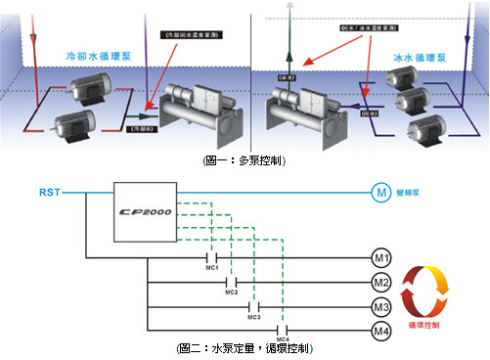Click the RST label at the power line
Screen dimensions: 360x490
click(49, 192)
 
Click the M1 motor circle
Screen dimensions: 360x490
click(381, 259)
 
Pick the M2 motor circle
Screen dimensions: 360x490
click(381, 284)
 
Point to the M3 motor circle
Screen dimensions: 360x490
click(381, 308)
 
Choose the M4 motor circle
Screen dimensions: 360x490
click(381, 333)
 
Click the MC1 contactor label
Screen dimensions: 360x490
click(209, 269)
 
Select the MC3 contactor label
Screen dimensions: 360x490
click(254, 318)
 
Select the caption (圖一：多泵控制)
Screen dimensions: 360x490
click(245, 159)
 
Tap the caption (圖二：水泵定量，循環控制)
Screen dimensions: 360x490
click(245, 349)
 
